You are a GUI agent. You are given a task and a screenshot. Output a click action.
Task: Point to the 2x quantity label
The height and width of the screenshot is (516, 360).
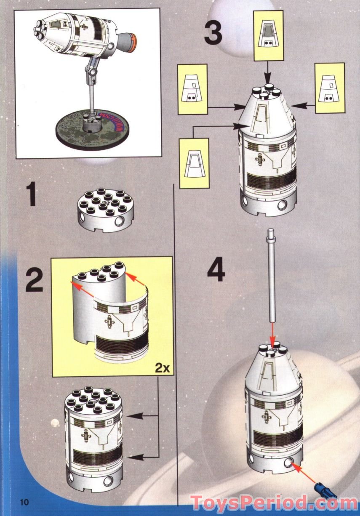coord(161,368)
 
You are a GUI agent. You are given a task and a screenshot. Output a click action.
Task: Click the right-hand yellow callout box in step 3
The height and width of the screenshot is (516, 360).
coord(329,88)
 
